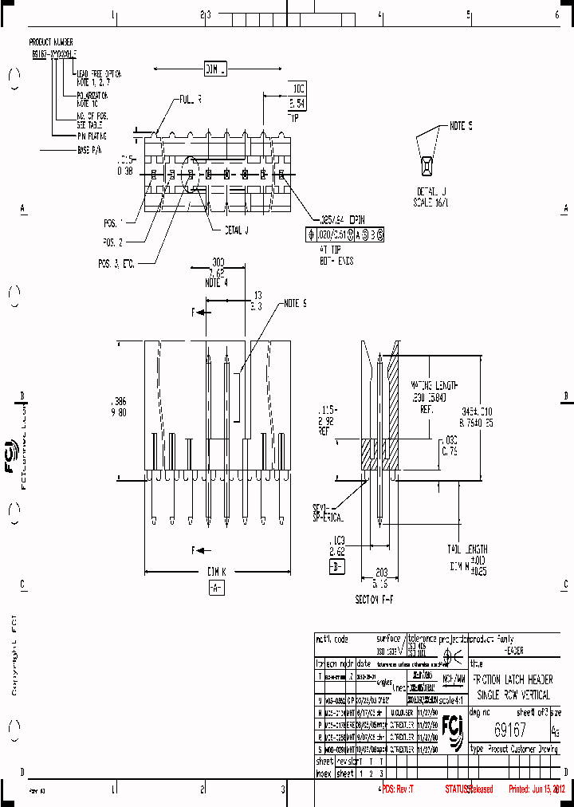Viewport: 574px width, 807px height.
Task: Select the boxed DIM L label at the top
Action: coord(216,70)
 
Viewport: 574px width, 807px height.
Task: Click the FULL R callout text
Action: coord(191,100)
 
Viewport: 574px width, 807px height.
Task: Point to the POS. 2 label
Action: coord(112,240)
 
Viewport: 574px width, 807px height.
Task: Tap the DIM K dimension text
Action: coord(216,572)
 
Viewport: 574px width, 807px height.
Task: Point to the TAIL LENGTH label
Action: coord(467,549)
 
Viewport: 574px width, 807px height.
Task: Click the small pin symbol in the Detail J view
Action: coord(427,165)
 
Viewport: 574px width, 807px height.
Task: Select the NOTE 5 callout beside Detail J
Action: coord(461,126)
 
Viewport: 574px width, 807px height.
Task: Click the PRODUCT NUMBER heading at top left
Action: coord(51,41)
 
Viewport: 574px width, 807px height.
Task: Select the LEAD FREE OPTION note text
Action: coord(99,73)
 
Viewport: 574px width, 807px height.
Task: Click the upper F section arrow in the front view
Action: coord(199,313)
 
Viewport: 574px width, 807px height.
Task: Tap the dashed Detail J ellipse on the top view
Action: coord(191,174)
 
